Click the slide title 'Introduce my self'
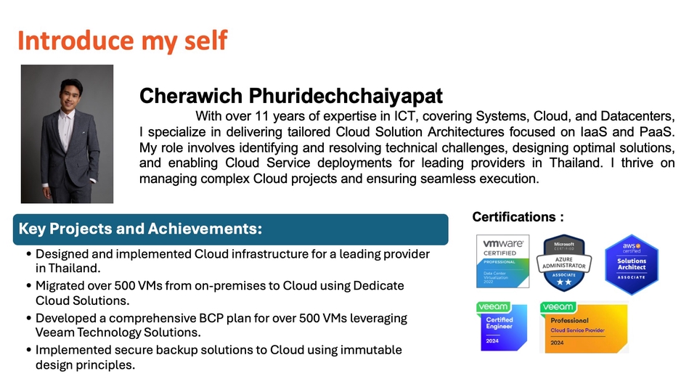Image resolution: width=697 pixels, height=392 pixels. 122,41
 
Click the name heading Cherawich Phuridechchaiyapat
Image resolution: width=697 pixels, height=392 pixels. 290,96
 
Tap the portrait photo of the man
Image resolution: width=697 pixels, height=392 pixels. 67,134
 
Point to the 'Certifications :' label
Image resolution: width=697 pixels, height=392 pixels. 518,216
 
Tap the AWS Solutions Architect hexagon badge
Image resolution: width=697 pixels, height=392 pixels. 631,265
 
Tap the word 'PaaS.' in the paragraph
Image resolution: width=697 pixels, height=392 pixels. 659,131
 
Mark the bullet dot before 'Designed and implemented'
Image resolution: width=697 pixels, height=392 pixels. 28,255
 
